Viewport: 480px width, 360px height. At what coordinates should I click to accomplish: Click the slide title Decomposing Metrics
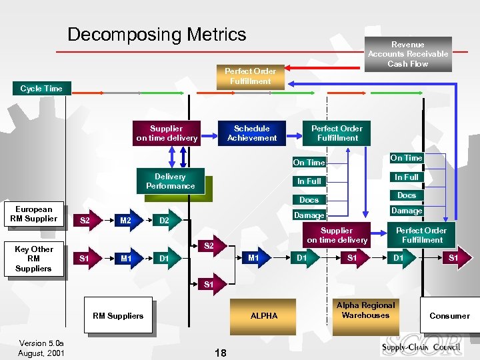pos(157,35)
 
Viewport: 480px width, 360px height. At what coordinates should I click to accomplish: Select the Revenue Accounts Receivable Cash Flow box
pos(408,54)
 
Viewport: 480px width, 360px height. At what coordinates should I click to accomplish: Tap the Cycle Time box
pos(41,89)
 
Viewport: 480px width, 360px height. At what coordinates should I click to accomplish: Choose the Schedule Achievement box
pos(251,133)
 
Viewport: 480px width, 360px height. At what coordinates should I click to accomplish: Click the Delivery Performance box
pos(170,181)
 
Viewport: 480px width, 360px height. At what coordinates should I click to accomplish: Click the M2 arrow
pos(125,221)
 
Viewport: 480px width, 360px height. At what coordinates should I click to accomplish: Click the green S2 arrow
pos(208,246)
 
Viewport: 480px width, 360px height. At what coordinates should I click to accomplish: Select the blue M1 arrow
pos(253,258)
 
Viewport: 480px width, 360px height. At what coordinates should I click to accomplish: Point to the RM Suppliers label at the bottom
pos(118,316)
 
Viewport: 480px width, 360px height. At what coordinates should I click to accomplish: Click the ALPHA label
pos(264,316)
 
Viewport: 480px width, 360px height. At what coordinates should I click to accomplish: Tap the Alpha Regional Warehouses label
pos(365,311)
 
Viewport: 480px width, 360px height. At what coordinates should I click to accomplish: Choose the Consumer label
pos(449,316)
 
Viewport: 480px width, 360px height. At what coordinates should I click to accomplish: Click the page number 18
pos(221,353)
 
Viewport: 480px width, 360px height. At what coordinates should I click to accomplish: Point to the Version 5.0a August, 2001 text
pos(41,349)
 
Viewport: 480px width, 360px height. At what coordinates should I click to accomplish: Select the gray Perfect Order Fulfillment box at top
pos(250,76)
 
